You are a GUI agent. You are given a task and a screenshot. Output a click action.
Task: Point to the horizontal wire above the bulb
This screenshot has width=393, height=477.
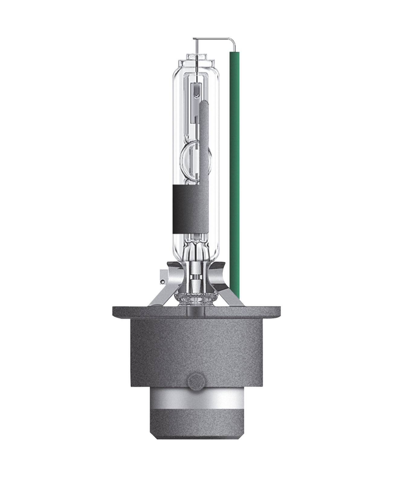(x=211, y=39)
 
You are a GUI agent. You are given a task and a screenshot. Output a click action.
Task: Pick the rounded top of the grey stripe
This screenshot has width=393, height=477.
(x=204, y=104)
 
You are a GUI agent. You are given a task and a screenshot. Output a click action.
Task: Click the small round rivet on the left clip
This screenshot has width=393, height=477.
(x=163, y=282)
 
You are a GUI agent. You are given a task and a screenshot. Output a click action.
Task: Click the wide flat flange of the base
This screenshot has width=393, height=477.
(x=196, y=311)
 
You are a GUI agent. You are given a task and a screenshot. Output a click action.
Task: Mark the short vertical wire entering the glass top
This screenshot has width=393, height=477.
(x=197, y=50)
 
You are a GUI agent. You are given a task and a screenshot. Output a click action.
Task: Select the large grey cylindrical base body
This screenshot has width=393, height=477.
(x=196, y=347)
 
